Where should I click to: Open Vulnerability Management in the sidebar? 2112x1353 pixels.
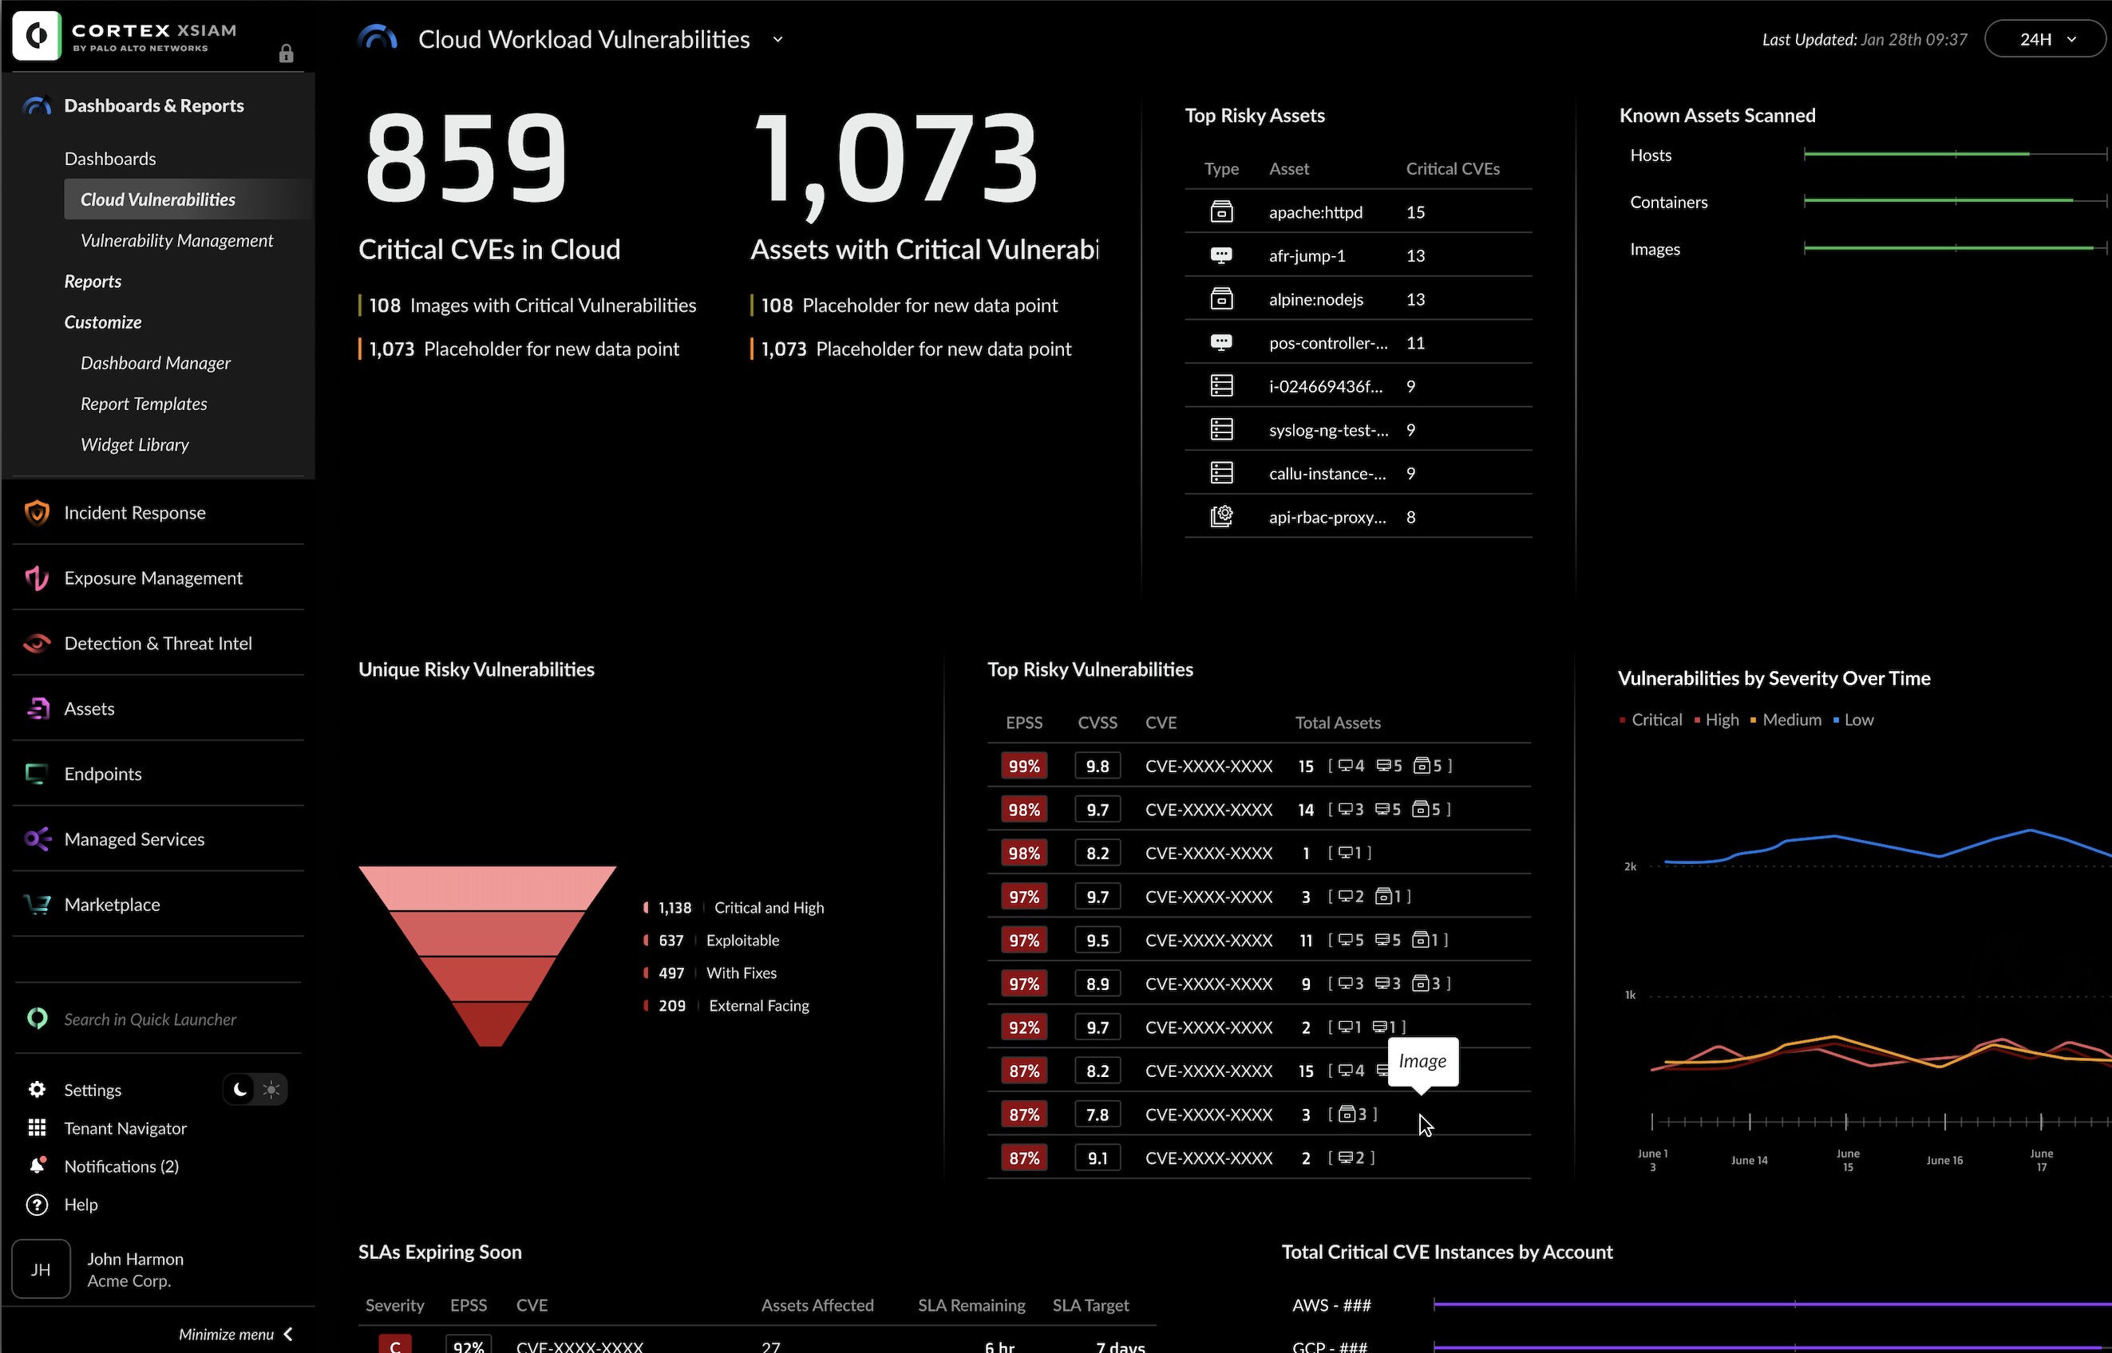click(176, 241)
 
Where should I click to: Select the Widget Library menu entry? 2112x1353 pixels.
click(134, 444)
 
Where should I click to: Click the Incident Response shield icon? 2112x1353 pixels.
click(36, 512)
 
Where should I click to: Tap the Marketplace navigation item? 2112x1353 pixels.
click(112, 905)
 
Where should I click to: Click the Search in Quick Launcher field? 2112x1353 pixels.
click(150, 1020)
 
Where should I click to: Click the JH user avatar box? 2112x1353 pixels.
click(41, 1268)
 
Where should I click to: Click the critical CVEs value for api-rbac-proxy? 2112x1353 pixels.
click(1410, 518)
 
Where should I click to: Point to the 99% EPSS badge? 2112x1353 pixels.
click(1023, 766)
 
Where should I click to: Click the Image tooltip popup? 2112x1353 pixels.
click(1422, 1061)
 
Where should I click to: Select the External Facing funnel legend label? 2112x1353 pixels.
click(758, 1006)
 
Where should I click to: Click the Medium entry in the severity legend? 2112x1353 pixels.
click(1791, 720)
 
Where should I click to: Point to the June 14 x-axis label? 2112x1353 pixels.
click(1749, 1161)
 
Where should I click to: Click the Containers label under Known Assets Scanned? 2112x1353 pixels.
click(1668, 202)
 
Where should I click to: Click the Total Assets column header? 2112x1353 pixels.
click(1337, 723)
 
